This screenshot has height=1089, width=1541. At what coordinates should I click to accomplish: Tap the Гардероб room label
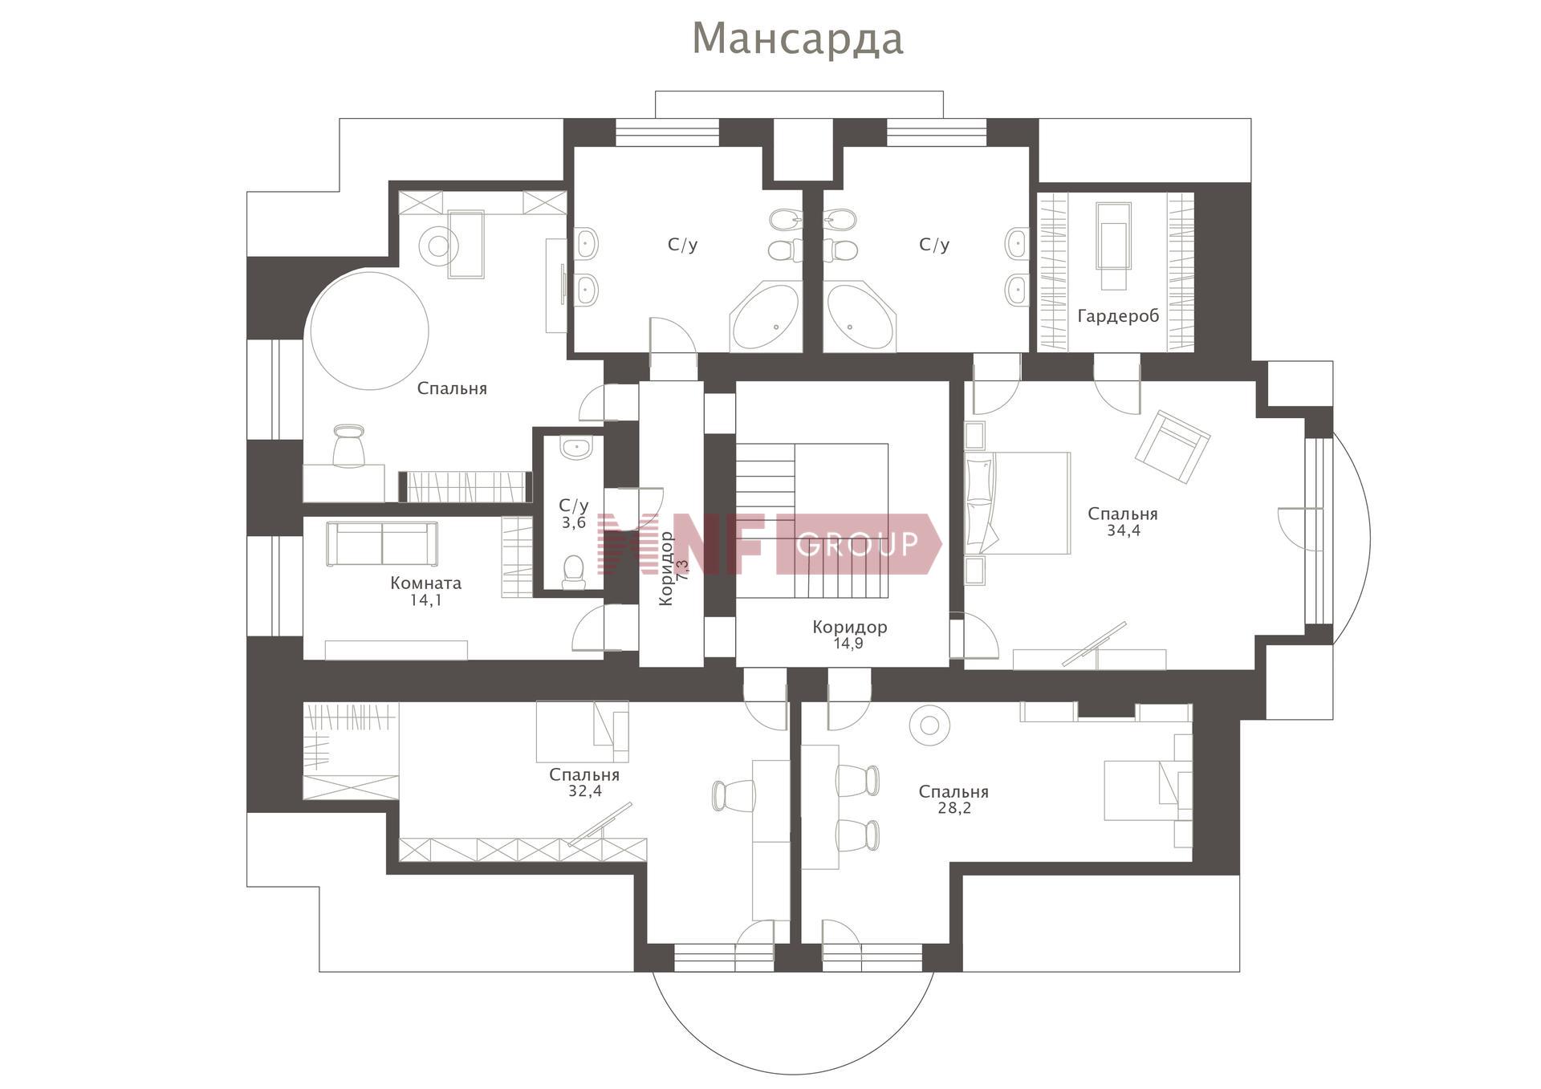1118,317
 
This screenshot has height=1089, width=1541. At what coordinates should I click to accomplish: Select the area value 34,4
1123,530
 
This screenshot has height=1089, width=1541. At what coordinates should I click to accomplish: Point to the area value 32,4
585,791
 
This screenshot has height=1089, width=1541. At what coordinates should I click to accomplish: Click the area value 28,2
954,808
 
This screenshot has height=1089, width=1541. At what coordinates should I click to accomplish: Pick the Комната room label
425,583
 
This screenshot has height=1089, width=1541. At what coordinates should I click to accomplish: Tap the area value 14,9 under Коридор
848,644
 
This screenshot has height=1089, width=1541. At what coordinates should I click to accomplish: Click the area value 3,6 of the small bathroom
573,523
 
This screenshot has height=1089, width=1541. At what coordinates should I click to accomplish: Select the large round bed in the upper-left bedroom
370,330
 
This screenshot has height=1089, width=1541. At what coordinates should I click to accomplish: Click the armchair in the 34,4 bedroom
1172,447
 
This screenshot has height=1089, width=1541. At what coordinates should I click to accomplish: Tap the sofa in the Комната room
382,544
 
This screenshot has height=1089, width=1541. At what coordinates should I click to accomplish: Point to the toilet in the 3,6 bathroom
573,571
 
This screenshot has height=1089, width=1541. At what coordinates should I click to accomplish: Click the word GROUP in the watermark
858,544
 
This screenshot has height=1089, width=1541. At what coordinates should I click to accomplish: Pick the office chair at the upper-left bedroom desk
348,445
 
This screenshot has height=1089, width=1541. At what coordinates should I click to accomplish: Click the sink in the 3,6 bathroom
575,448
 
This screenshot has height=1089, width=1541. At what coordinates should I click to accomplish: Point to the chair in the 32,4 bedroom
733,795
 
